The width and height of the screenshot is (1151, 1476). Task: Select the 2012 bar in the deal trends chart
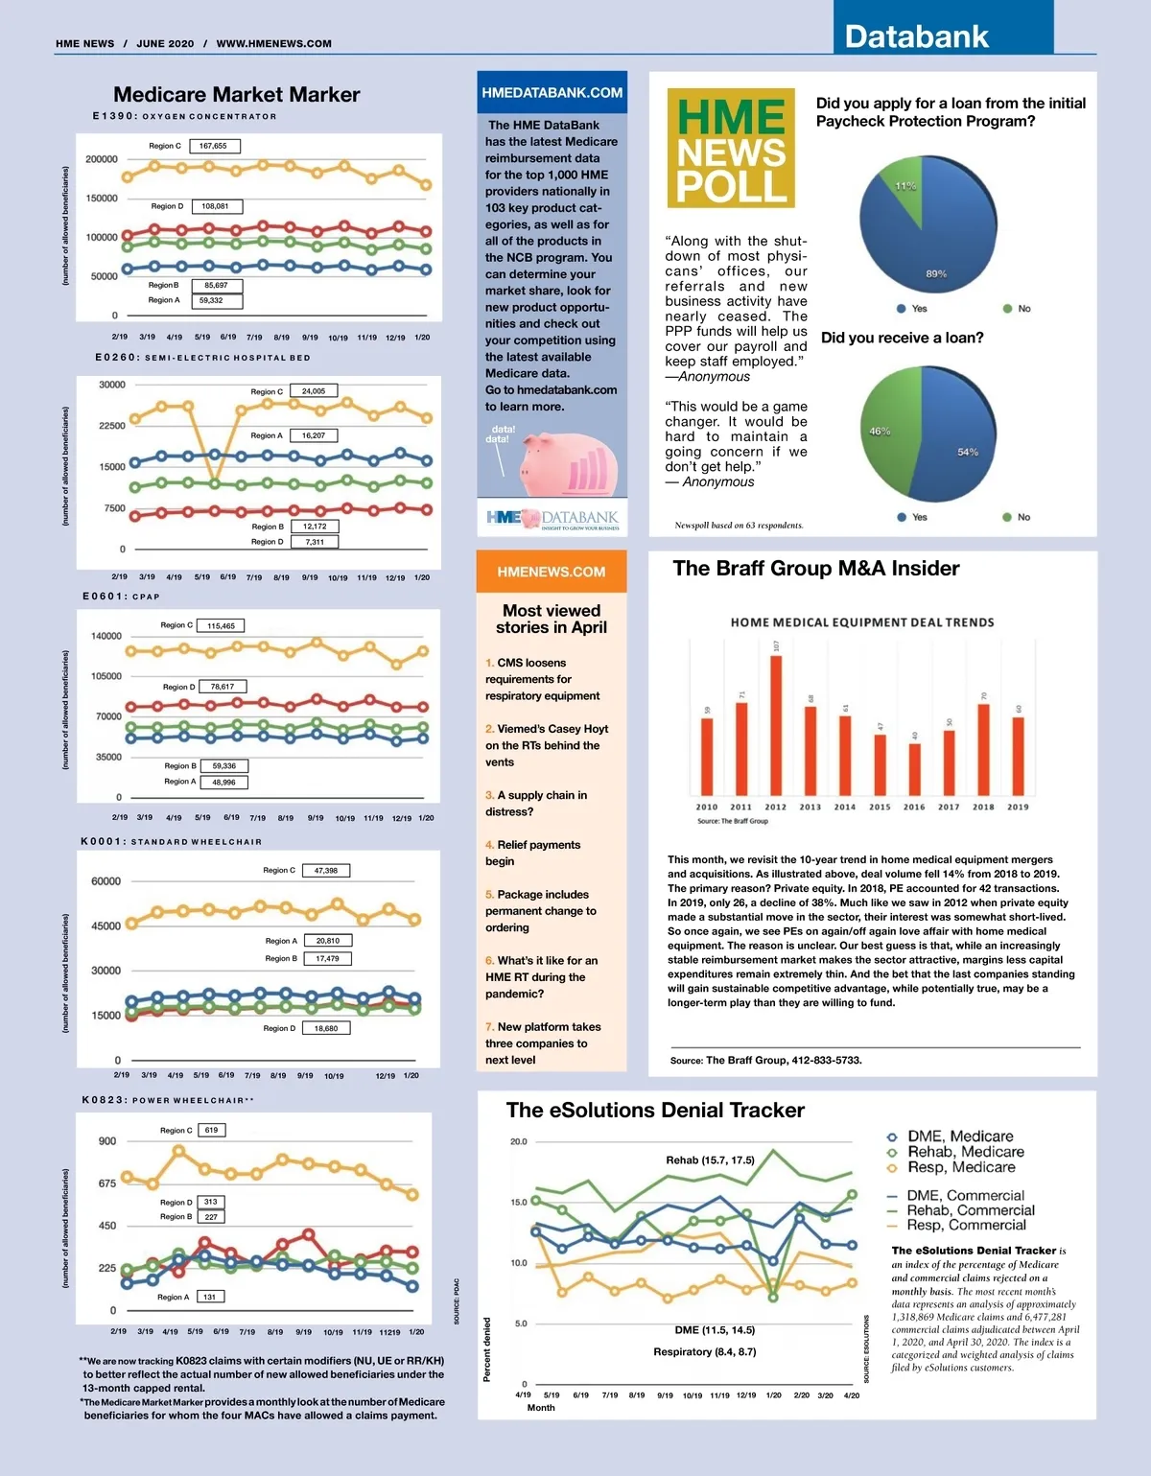[776, 725]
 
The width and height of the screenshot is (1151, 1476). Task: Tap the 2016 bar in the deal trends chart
[914, 769]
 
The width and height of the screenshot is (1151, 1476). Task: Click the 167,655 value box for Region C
[214, 146]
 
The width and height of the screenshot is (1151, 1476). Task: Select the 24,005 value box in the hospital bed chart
[314, 391]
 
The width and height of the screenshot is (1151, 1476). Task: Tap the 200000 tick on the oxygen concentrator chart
[102, 159]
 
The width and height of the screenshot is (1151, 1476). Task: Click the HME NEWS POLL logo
[731, 149]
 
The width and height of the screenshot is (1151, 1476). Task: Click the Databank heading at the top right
[916, 36]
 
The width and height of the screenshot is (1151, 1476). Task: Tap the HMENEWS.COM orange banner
[552, 572]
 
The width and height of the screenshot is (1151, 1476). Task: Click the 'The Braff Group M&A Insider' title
[816, 569]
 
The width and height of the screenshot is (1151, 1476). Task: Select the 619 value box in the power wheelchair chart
[211, 1130]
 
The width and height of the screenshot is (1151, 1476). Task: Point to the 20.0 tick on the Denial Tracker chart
[518, 1142]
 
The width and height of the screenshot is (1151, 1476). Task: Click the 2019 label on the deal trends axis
[1018, 808]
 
